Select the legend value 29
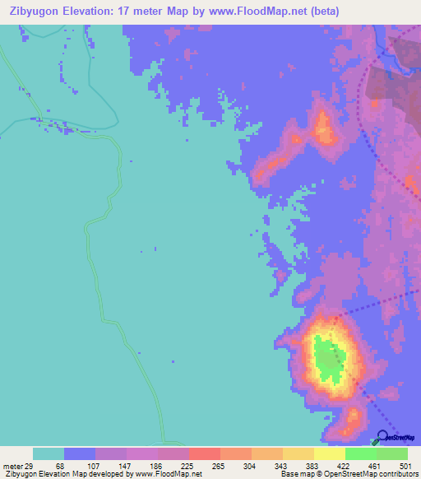click(x=31, y=466)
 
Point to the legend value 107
click(x=95, y=466)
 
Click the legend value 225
click(x=188, y=466)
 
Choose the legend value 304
click(x=251, y=466)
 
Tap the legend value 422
click(x=345, y=466)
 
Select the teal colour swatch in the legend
click(x=48, y=453)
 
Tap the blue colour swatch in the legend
click(x=79, y=453)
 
